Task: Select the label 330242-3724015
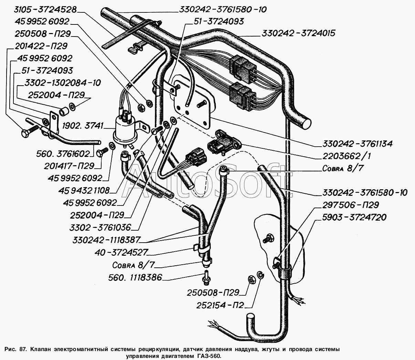(298, 33)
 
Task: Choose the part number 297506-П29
(351, 205)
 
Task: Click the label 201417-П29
(69, 166)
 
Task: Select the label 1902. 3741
(82, 126)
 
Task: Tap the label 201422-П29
(41, 46)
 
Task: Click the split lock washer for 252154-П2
(261, 276)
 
